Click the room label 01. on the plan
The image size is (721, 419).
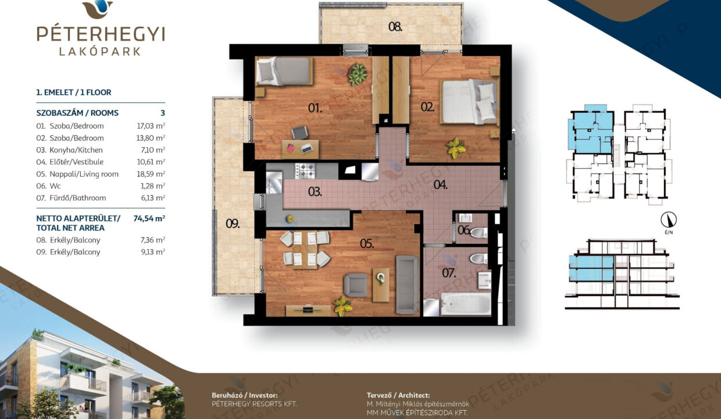point(315,108)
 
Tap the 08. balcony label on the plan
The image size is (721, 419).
point(395,26)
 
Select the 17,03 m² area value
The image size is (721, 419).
point(151,126)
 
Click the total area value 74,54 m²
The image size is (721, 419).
point(149,218)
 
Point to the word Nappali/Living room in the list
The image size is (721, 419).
point(84,174)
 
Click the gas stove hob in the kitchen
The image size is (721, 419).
point(305,171)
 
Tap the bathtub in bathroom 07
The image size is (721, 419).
point(466,304)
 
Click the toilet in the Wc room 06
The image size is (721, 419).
point(479,232)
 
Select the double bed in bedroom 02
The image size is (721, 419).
point(469,102)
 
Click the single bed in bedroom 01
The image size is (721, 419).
point(284,71)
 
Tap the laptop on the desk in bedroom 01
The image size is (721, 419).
point(306,148)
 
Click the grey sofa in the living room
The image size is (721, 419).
point(407,285)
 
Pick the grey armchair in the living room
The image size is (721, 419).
point(355,285)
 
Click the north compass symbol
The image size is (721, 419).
point(669,221)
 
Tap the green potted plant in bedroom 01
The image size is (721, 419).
point(357,74)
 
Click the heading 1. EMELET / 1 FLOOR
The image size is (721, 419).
point(74,93)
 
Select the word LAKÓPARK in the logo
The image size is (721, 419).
point(100,52)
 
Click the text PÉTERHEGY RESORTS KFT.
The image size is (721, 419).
point(254,404)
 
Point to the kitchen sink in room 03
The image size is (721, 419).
point(274,182)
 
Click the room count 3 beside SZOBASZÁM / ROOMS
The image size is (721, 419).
point(163,113)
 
